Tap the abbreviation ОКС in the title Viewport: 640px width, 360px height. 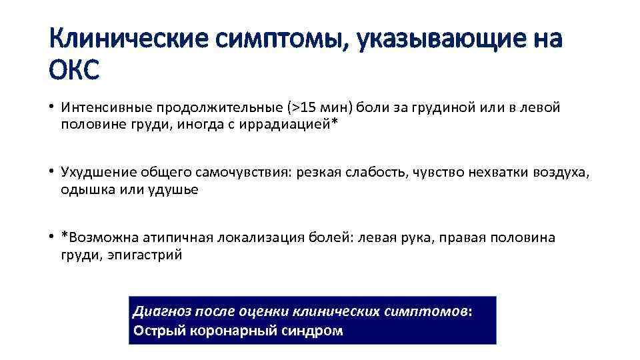74,69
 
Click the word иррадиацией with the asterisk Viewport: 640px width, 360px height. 291,123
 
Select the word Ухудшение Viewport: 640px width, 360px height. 98,173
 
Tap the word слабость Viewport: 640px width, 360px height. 378,173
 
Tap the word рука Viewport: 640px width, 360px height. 418,238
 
